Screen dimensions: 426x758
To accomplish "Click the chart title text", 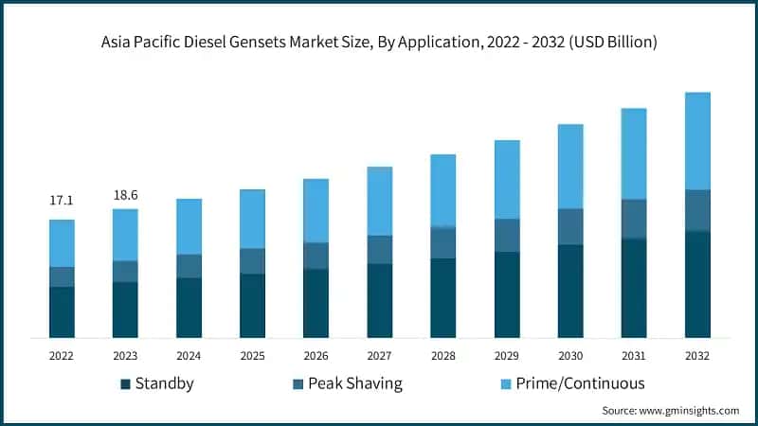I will pos(379,43).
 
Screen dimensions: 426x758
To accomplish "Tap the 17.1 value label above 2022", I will pos(62,201).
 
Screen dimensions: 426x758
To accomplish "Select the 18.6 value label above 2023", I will pos(125,194).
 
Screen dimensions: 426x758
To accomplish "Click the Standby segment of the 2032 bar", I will pos(697,284).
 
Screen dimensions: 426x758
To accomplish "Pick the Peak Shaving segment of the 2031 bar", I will pos(634,219).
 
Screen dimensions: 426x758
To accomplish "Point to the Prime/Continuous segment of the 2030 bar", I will pos(570,166).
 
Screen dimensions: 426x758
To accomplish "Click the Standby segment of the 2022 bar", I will pos(62,311).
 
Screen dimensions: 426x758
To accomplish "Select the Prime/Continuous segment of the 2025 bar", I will pos(252,219).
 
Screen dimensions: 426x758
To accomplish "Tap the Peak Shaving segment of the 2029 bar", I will pos(507,235).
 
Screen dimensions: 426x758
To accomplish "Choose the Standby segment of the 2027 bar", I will pos(380,300).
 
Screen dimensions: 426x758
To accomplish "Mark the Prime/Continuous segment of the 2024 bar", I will pos(189,226).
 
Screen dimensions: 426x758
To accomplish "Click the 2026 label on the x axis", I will pos(316,355).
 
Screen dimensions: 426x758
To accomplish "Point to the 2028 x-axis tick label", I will pos(443,355).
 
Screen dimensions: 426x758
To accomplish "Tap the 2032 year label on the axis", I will pos(697,355).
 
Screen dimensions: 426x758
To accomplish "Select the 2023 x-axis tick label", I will pos(125,355).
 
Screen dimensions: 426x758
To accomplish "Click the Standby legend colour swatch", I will pos(125,383).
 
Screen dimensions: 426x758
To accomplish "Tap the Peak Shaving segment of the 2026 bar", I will pos(316,256).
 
